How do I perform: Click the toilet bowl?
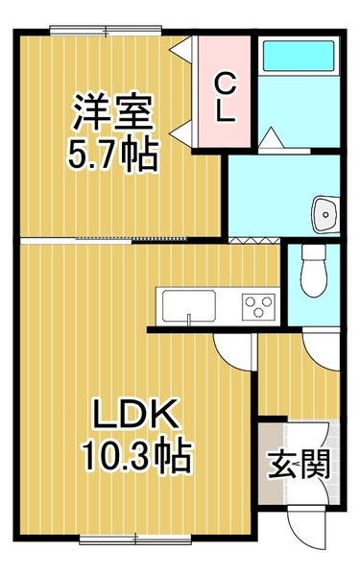point(312,271)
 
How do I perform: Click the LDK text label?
point(135,415)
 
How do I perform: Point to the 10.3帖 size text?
point(135,453)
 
